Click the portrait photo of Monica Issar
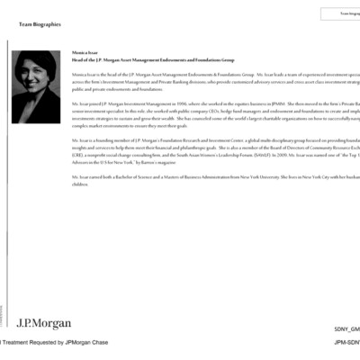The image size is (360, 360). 36,87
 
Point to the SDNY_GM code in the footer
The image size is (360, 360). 346,330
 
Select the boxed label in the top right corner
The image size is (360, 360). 340,13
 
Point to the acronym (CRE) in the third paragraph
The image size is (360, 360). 78,154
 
